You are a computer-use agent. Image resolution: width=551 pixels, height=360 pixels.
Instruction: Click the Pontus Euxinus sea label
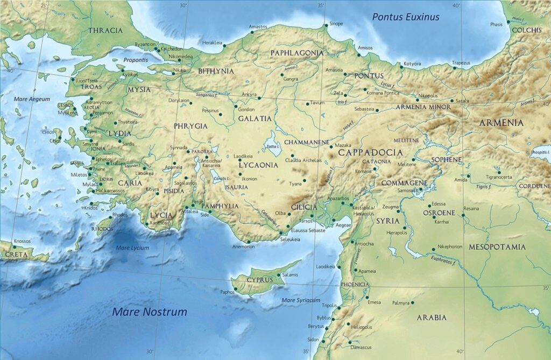(406, 17)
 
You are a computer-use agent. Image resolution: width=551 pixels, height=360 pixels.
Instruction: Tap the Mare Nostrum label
(150, 312)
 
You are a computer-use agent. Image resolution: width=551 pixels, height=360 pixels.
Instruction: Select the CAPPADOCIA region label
(371, 152)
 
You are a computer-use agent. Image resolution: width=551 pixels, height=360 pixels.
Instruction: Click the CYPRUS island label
(260, 280)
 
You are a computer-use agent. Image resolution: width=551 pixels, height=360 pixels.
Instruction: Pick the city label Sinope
(336, 24)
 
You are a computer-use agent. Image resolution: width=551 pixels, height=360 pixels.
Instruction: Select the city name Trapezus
(461, 63)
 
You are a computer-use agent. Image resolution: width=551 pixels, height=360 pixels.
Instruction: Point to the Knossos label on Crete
(22, 241)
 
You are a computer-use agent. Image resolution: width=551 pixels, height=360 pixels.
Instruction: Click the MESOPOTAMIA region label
(497, 247)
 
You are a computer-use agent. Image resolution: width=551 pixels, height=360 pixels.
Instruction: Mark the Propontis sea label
(136, 60)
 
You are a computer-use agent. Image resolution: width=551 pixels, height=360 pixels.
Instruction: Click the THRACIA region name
(105, 31)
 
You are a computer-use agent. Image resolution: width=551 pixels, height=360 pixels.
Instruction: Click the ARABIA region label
(432, 317)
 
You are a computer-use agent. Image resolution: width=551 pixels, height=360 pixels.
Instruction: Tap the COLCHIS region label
(526, 30)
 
